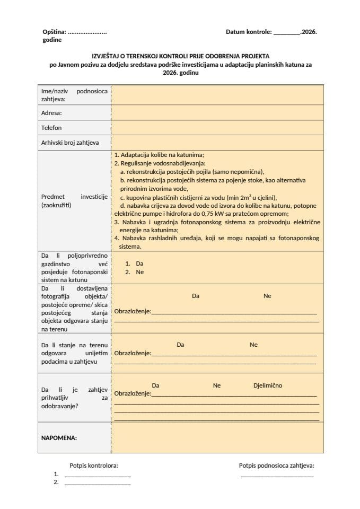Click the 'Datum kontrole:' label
tap(248, 32)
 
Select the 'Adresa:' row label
tap(51, 113)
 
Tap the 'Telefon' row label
tap(51, 128)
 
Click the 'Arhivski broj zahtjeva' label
tap(69, 143)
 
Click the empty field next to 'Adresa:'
tap(217, 113)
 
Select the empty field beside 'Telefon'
tap(217, 128)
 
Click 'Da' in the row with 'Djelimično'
tap(155, 385)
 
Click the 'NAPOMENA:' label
tap(59, 438)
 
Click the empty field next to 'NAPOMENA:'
tap(217, 438)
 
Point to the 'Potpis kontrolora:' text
tap(94, 466)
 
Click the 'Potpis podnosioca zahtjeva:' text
tap(276, 466)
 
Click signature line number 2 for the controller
tap(98, 484)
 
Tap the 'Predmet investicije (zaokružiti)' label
tap(74, 200)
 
